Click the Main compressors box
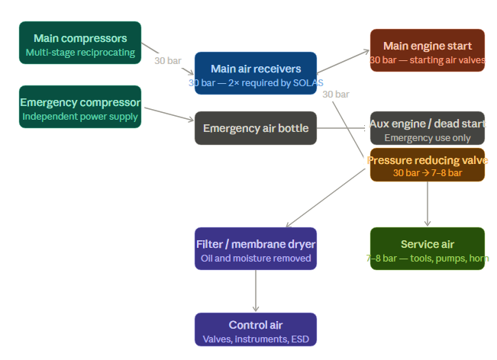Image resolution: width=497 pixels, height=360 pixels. click(x=80, y=43)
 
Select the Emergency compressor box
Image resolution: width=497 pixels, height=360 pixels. click(x=80, y=107)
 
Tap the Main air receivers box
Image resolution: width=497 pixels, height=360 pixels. click(x=256, y=73)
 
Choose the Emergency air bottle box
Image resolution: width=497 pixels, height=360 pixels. click(x=256, y=128)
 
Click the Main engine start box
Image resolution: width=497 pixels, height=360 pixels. click(x=428, y=50)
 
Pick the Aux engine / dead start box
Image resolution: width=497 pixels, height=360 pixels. click(x=428, y=128)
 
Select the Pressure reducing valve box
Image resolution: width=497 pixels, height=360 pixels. click(x=428, y=165)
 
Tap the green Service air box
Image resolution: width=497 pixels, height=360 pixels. click(x=428, y=249)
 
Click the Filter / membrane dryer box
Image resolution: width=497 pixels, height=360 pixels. click(x=256, y=249)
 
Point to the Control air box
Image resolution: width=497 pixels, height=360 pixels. click(x=256, y=329)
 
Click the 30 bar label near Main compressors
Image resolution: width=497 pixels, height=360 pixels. click(x=168, y=60)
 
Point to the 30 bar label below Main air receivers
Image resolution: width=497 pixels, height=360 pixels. click(x=336, y=95)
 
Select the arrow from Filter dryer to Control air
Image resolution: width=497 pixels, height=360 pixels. click(x=256, y=291)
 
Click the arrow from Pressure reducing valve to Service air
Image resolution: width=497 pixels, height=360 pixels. click(x=428, y=204)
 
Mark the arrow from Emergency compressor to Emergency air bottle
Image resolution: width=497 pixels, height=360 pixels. click(x=168, y=114)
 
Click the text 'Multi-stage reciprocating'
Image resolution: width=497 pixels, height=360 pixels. click(x=80, y=53)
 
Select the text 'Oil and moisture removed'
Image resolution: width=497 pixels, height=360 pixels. click(x=256, y=259)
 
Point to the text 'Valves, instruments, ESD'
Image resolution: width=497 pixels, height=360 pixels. click(x=256, y=339)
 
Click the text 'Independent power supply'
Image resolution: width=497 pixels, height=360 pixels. click(x=80, y=117)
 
